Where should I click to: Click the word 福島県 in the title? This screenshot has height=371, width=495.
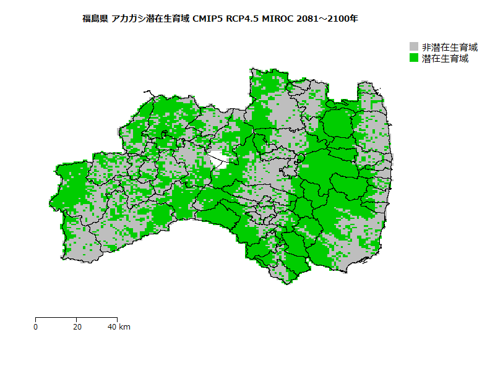click(95, 19)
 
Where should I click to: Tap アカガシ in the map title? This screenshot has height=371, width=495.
click(129, 19)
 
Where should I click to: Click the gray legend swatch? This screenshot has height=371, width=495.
click(414, 47)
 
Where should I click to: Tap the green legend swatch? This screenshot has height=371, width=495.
click(414, 58)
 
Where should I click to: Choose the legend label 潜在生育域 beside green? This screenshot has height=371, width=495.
click(445, 58)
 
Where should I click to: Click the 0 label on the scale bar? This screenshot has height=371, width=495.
click(36, 326)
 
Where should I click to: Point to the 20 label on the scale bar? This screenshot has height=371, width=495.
click(76, 326)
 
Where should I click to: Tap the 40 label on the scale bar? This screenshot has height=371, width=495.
click(112, 326)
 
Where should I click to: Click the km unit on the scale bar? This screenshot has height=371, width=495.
click(124, 326)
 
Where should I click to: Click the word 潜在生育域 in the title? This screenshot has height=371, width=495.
click(168, 19)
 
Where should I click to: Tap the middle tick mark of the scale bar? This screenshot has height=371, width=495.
click(76, 319)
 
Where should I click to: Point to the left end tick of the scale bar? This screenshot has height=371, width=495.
click(36, 319)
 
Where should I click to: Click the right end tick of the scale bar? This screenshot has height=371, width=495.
click(116, 319)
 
